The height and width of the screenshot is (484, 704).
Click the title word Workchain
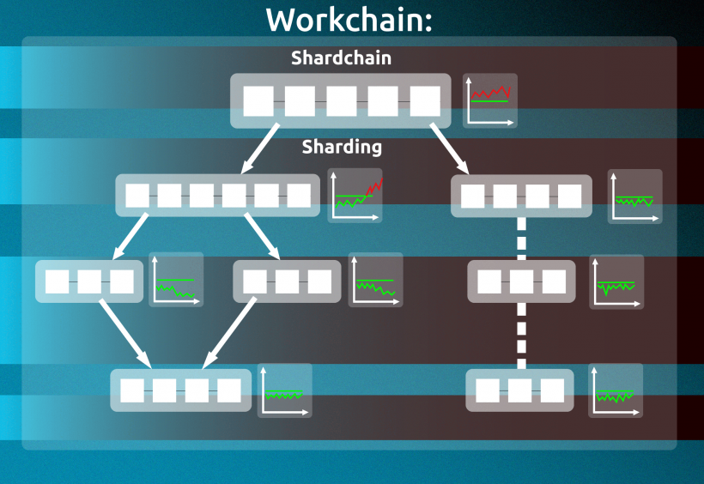point(349,19)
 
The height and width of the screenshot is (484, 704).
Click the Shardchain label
point(341,58)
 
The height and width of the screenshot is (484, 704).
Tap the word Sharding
point(342,147)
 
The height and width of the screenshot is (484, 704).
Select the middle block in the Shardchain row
point(341,101)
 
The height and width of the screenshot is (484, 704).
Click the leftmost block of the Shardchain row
point(258,101)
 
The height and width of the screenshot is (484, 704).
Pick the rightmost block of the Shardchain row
point(424,101)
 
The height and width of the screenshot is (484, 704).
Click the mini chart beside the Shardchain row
point(490,101)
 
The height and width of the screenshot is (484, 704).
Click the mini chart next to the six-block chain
point(355,196)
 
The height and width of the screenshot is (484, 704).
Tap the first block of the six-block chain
point(137,196)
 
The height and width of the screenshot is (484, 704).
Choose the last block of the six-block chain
point(299,196)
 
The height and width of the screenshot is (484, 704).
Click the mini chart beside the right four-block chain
point(635,197)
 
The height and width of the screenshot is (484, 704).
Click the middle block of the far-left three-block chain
point(89,281)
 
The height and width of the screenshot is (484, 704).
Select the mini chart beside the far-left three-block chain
point(176,280)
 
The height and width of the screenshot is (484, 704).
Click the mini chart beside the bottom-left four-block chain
point(285,391)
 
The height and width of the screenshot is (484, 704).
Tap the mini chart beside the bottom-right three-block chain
point(616,391)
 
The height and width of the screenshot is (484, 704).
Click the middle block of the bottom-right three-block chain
point(519,390)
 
